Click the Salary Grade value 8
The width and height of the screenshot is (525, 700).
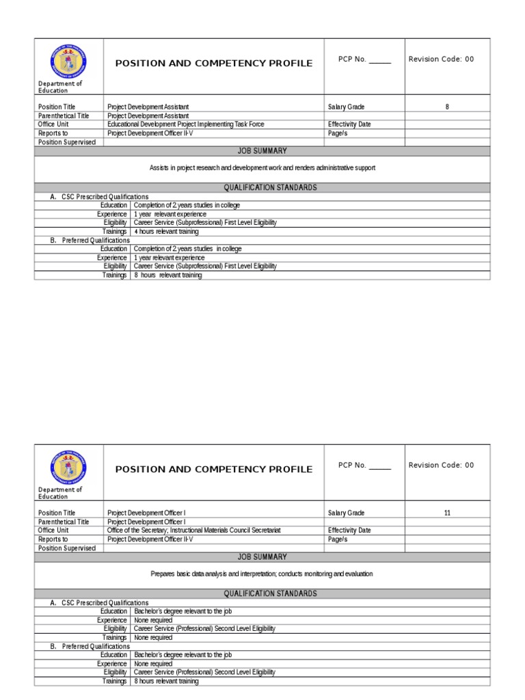pos(447,107)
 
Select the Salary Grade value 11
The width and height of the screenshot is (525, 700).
pos(447,513)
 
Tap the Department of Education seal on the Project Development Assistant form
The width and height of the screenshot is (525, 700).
pos(68,60)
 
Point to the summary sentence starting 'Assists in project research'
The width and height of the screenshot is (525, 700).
pos(262,167)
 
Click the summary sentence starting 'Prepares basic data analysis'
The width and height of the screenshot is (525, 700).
pos(262,574)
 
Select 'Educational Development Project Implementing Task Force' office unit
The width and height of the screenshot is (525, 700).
pos(185,124)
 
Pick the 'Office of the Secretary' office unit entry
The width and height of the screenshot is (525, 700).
pos(194,530)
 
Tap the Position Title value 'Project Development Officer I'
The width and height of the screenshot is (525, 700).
pos(146,513)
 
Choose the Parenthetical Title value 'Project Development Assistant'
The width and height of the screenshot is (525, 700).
pos(148,116)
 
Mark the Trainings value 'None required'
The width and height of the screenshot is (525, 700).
pos(153,638)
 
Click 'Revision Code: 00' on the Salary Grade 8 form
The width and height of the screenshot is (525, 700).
pos(441,59)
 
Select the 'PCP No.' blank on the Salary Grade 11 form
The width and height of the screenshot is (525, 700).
pos(365,465)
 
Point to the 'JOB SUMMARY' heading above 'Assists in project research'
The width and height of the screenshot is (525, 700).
pos(262,151)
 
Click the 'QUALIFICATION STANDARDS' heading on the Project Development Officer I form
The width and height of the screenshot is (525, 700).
pos(271,594)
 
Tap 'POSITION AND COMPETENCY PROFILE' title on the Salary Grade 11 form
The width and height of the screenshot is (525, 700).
pos(213,470)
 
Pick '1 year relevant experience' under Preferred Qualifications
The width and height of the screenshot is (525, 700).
pos(170,258)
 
